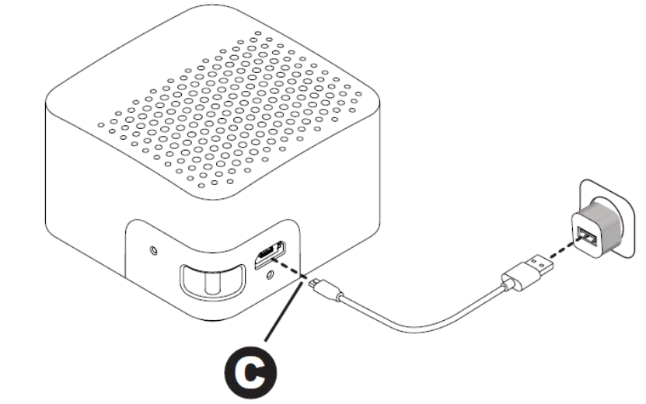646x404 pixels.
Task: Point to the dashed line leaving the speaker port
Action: (292, 271)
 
